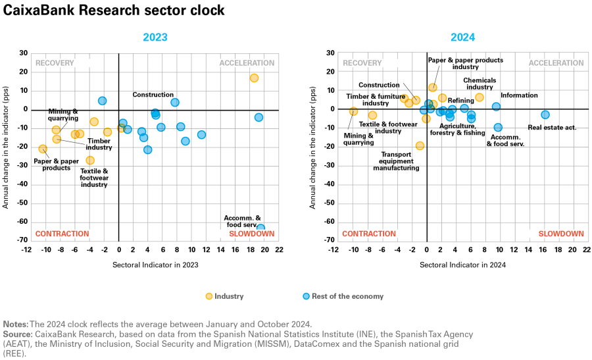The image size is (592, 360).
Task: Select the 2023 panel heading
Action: click(155, 38)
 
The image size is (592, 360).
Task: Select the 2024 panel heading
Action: click(462, 38)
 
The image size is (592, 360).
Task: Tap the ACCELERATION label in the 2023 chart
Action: click(247, 63)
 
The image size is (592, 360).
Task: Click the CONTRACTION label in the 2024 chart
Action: click(370, 234)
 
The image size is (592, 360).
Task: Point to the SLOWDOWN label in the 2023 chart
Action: click(256, 234)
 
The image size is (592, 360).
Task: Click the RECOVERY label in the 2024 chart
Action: click(362, 63)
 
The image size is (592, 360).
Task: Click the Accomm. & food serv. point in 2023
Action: click(260, 228)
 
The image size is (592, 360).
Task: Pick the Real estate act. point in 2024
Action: click(545, 115)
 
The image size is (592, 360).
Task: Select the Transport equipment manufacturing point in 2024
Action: click(420, 145)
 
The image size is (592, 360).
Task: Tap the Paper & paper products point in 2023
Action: click(43, 149)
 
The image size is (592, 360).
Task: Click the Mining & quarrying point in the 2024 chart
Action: click(353, 111)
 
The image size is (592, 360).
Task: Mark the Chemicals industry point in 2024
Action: click(480, 97)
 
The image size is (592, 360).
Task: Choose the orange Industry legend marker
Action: click(209, 296)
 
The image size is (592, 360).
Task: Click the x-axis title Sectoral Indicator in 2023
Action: click(155, 265)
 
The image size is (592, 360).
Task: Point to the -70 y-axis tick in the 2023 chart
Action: click(23, 240)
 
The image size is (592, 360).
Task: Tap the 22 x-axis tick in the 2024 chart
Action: click(587, 250)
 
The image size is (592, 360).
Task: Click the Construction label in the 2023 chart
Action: click(153, 95)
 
